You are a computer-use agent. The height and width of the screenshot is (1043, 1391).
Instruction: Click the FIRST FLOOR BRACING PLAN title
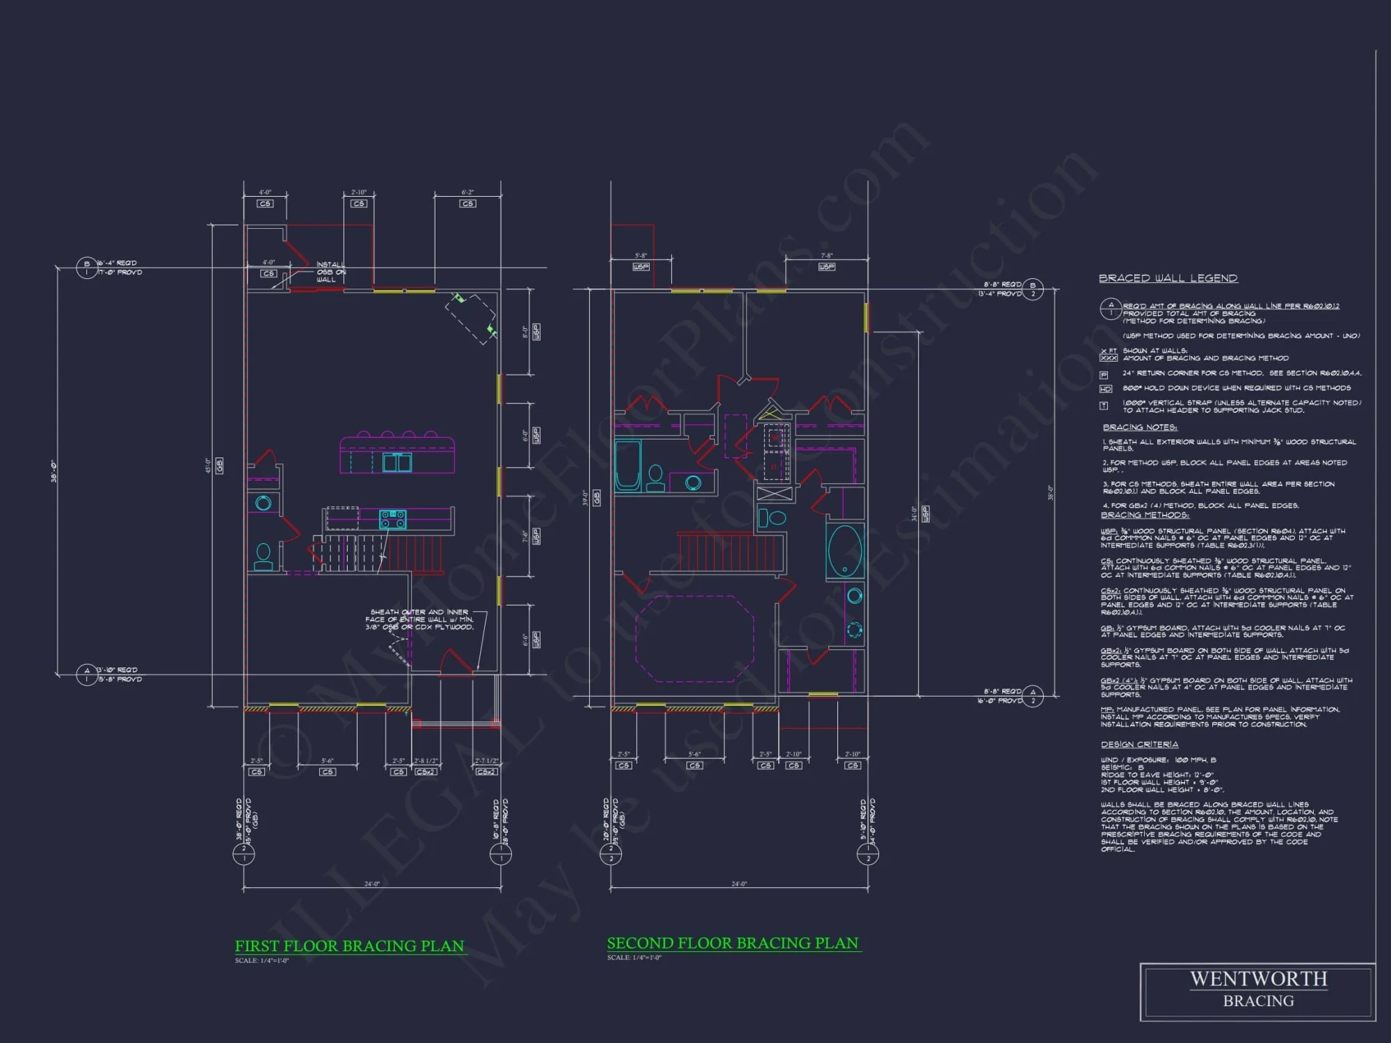pos(349,946)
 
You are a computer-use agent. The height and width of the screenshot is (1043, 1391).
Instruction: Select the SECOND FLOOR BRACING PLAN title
pos(733,944)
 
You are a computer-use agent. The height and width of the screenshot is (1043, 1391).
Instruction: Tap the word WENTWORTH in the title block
pos(1258,979)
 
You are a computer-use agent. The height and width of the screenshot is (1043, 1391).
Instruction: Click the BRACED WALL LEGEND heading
pos(1168,278)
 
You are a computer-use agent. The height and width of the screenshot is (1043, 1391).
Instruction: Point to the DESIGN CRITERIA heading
pos(1139,745)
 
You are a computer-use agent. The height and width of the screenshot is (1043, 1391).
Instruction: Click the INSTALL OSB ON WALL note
pos(330,272)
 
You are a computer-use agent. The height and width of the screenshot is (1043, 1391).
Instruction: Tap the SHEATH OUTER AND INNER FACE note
pos(419,620)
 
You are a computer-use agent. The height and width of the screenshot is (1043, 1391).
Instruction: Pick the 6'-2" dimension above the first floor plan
pos(467,193)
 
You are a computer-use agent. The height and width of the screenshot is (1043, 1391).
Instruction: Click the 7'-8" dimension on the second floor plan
pos(826,256)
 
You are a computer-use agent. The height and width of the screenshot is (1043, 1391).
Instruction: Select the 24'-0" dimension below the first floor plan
pos(372,884)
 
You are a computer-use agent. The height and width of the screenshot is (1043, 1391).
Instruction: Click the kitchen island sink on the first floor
pos(397,462)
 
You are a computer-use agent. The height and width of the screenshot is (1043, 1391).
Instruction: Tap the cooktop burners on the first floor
pos(392,519)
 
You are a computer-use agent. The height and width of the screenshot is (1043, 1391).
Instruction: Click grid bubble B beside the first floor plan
pos(87,268)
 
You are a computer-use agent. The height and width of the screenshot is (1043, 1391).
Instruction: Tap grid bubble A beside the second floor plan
pos(1033,696)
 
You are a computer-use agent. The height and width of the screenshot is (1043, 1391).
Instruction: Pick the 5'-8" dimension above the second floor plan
pos(641,256)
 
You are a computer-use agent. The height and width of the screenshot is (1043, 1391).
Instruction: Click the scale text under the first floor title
pos(262,961)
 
